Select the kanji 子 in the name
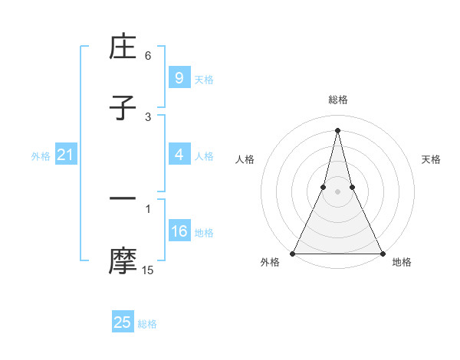123,108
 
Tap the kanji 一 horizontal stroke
123,199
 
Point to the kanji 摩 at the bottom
123,260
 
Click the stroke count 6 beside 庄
148,56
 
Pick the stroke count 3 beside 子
148,116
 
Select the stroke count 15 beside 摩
148,270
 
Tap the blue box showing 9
179,78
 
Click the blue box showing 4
179,155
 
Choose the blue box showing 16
179,231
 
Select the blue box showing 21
66,155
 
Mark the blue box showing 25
123,322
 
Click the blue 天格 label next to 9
204,80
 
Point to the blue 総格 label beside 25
147,324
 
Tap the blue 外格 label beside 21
41,156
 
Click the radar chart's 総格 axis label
337,100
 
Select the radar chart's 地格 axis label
402,262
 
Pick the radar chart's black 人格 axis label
245,159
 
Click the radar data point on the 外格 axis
293,253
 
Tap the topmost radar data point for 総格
337,129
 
